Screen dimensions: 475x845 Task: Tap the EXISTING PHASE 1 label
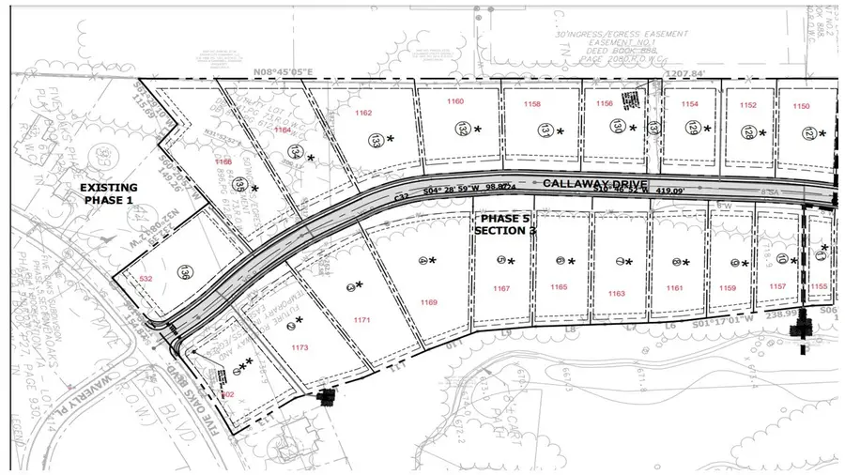coord(108,193)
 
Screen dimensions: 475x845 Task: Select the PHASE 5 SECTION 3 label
coord(505,224)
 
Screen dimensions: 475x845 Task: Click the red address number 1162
coord(363,114)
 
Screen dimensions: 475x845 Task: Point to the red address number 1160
coord(455,101)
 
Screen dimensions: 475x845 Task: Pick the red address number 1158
coord(532,104)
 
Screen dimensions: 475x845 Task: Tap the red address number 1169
coord(430,302)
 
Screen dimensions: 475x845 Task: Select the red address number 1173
coord(300,347)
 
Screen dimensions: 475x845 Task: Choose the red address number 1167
coord(501,288)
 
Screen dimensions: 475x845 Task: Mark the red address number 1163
coord(616,294)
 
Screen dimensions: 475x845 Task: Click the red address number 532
coord(146,279)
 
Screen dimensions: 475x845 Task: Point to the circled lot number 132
coord(462,129)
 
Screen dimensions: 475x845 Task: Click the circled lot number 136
coord(183,271)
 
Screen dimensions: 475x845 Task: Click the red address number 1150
coord(801,106)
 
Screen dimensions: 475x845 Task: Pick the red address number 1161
coord(674,289)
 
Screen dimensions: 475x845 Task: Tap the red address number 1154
coord(690,104)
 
